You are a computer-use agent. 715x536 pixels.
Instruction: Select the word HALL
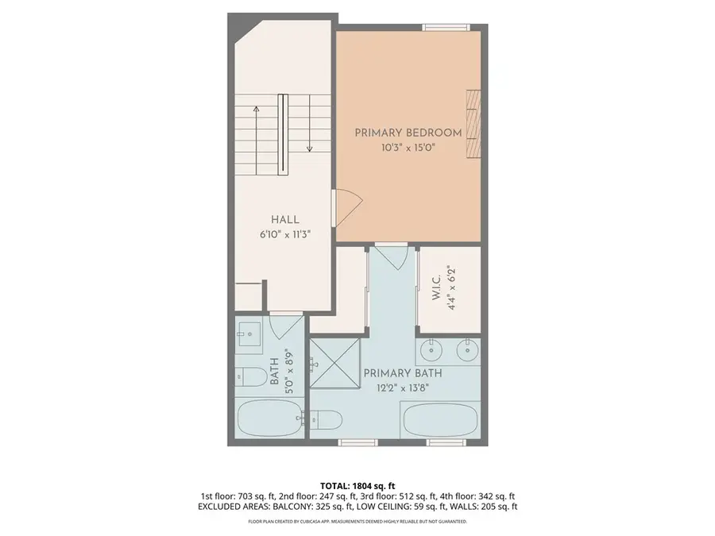[x=284, y=219]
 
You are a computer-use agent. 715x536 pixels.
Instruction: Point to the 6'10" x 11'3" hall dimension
[x=284, y=234]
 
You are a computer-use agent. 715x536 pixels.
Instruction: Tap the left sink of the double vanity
[x=431, y=348]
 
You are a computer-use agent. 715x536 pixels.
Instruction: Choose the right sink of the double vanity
[x=468, y=348]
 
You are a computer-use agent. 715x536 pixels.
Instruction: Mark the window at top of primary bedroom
[x=446, y=28]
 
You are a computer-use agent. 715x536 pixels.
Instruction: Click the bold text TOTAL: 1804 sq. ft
[x=357, y=485]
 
